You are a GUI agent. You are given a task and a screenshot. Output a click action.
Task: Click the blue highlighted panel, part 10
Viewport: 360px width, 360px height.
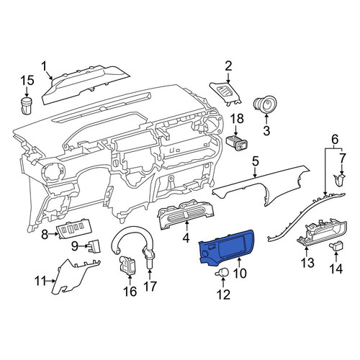point(225,247)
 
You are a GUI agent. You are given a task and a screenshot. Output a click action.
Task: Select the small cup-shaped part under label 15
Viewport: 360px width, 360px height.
point(27,105)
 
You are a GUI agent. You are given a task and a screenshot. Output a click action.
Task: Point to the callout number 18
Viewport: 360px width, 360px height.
point(237,119)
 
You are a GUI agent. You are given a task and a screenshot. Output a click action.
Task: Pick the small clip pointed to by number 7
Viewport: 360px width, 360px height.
point(339,180)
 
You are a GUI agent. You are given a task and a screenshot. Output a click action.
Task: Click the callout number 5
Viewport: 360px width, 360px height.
point(256,161)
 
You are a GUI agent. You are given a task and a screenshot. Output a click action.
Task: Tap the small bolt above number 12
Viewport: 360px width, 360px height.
point(222,273)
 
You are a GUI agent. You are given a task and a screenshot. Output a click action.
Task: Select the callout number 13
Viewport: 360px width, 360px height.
point(307,262)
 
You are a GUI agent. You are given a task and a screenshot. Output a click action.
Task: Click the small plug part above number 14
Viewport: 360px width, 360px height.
point(336,246)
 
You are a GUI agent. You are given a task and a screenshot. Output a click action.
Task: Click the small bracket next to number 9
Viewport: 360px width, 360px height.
point(94,246)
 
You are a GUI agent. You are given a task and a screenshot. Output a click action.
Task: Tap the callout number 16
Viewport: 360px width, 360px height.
point(130,291)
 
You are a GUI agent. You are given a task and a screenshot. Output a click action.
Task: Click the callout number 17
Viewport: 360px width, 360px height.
point(150,286)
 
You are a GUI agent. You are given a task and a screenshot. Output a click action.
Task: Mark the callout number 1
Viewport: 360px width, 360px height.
point(45,66)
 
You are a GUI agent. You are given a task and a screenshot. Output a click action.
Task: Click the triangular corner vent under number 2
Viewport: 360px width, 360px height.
point(225,93)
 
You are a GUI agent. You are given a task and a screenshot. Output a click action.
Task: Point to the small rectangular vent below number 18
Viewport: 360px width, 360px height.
point(237,143)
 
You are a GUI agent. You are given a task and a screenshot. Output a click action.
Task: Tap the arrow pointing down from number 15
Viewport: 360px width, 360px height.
point(27,91)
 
